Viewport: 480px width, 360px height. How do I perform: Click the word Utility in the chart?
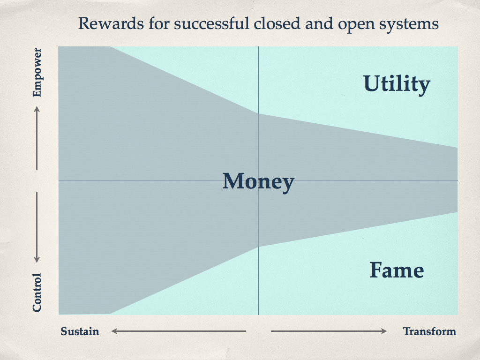coord(397,84)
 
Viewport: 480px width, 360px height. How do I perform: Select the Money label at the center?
coord(258,182)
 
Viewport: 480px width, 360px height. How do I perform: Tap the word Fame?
coord(397,270)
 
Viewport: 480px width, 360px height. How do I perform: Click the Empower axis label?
coord(37,72)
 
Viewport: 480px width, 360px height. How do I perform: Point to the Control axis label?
coord(37,292)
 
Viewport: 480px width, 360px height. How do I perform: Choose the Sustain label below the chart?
coord(80,331)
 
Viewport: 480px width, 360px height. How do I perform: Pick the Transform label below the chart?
coord(429,331)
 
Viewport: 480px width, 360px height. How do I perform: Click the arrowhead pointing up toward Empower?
coord(37,109)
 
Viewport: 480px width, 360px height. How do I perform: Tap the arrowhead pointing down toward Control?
coord(37,260)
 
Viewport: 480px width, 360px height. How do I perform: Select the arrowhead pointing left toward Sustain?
coord(114,331)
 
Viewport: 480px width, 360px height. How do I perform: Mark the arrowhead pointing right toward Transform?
coord(384,331)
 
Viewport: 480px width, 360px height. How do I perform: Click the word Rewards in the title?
coord(111,23)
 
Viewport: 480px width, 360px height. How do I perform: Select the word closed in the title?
coord(277,23)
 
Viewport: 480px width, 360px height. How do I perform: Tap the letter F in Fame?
coord(376,270)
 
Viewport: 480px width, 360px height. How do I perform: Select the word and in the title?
coord(319,23)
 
